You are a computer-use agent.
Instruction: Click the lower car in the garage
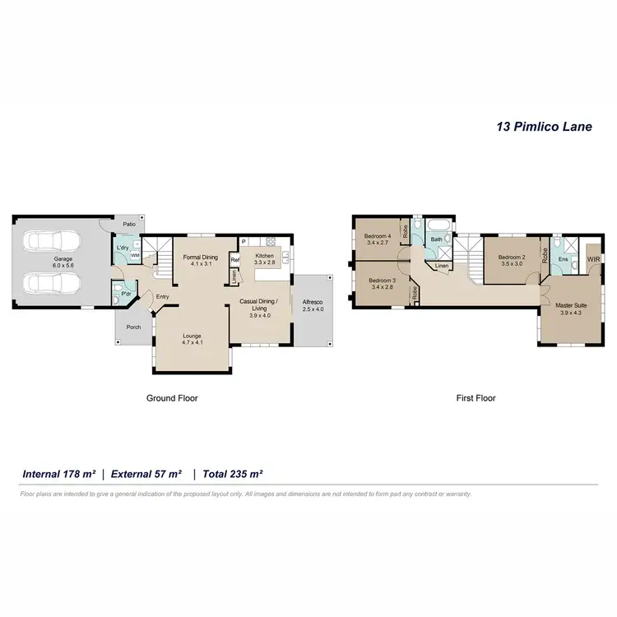tap(53, 283)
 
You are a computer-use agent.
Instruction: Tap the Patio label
tap(128, 223)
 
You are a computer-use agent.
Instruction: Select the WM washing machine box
tap(134, 256)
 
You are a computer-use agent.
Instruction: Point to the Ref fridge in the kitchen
tap(234, 260)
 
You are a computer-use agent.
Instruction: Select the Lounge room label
tap(192, 339)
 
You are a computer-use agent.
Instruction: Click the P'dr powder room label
tap(126, 293)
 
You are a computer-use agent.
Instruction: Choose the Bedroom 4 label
tap(378, 239)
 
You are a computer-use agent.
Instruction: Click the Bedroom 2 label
tap(512, 260)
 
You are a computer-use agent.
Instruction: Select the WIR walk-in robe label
tap(593, 259)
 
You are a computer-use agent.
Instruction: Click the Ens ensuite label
tap(563, 259)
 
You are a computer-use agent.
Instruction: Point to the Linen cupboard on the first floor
tap(442, 267)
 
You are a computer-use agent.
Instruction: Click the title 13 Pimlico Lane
tap(544, 128)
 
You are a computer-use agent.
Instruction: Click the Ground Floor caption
tap(172, 398)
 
